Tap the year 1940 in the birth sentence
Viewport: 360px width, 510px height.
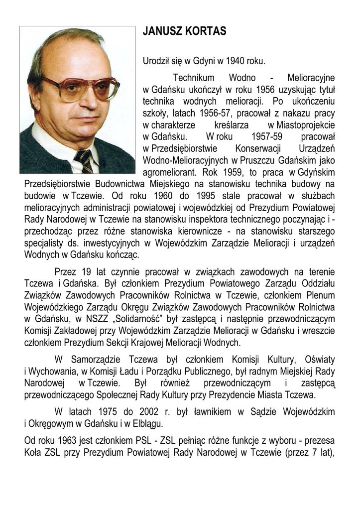[236, 61]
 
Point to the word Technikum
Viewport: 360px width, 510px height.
[194, 78]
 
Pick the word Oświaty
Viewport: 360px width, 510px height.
[317, 360]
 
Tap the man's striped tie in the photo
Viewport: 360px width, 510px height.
[83, 161]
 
